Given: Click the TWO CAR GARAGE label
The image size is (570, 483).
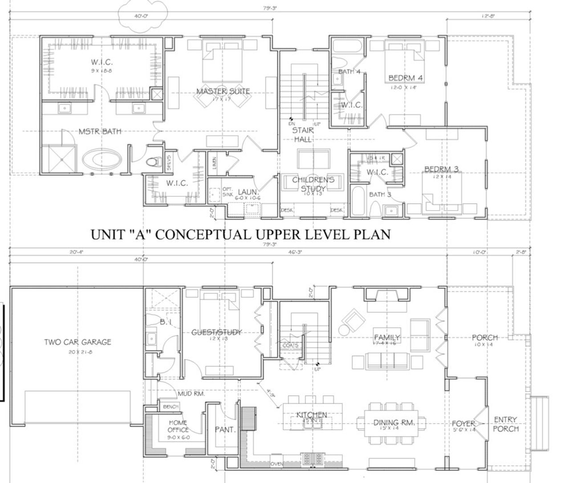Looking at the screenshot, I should coord(77,342).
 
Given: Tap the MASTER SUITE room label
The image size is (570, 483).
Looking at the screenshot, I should coord(223,91).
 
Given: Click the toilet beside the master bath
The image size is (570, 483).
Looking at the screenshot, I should coord(154,162).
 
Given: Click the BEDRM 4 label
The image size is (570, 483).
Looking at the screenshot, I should coord(405,78).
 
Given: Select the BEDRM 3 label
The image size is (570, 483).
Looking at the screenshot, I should coord(441,169).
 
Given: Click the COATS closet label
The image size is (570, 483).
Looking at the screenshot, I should coord(290,345).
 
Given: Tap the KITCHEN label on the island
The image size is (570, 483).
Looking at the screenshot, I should coord(312,415).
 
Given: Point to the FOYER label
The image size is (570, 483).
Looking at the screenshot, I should coord(464,423).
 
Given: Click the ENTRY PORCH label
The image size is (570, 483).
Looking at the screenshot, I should coord(505,424).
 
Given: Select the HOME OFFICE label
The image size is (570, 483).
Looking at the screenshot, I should coord(178,426).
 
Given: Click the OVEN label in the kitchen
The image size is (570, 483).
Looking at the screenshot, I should coord(277,464).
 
